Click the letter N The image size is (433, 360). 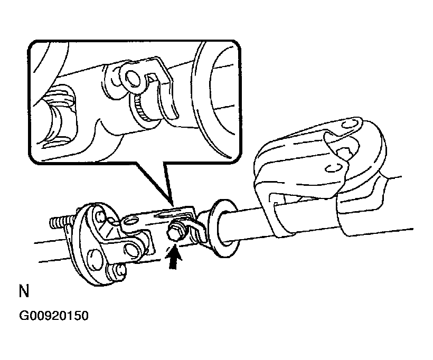pyautogui.click(x=23, y=292)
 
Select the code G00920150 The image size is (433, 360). pyautogui.click(x=53, y=317)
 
